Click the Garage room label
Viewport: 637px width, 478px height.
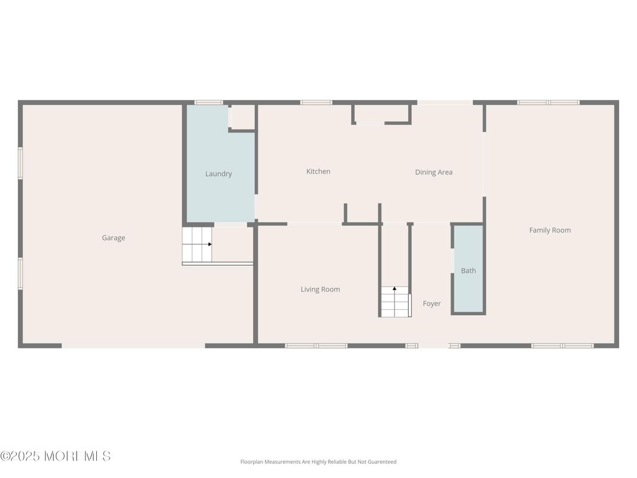click(113, 238)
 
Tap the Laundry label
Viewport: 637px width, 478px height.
click(218, 174)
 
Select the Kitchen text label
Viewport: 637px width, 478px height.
click(318, 171)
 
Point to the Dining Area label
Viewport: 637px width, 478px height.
click(433, 172)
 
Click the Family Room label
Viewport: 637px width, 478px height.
click(550, 230)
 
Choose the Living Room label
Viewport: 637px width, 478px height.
click(320, 290)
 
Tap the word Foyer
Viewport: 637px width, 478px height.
click(431, 304)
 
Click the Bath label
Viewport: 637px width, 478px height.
click(468, 271)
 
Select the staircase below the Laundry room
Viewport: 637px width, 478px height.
click(197, 244)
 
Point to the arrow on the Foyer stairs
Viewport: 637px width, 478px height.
click(395, 289)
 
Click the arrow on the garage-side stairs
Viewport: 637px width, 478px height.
click(209, 244)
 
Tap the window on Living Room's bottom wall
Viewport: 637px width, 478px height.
click(316, 345)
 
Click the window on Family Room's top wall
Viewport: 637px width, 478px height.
click(548, 102)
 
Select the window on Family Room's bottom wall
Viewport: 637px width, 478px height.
click(562, 345)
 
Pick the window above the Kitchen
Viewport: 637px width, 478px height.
click(316, 102)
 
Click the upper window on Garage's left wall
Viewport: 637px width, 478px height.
click(20, 163)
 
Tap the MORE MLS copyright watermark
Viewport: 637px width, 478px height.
click(55, 456)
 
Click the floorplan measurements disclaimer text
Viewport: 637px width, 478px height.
click(318, 462)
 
